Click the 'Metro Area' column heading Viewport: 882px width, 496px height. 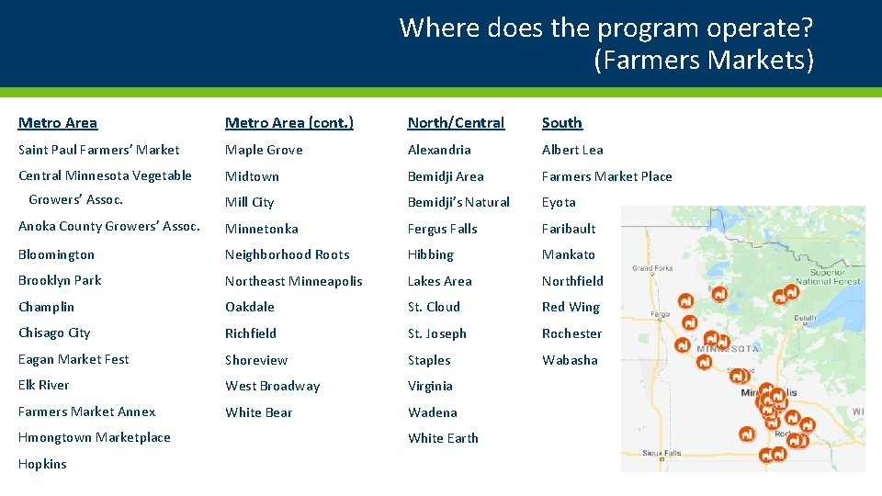58,123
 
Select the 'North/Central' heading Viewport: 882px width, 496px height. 456,123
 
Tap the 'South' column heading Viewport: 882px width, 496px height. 561,123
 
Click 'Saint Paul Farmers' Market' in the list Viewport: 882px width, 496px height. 99,150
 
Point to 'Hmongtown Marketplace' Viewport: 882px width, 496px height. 95,438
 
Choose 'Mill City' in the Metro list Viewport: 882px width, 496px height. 250,202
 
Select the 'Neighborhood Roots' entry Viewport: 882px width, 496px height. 288,254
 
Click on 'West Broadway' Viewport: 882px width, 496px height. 273,386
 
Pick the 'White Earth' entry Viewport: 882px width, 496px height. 443,438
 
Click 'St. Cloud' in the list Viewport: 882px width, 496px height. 435,307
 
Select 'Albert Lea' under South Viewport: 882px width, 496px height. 572,150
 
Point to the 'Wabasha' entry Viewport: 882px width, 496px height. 570,360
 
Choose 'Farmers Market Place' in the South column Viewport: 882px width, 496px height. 606,176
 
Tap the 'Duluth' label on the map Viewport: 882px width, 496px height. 806,319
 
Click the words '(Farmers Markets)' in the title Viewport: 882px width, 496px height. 704,61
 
